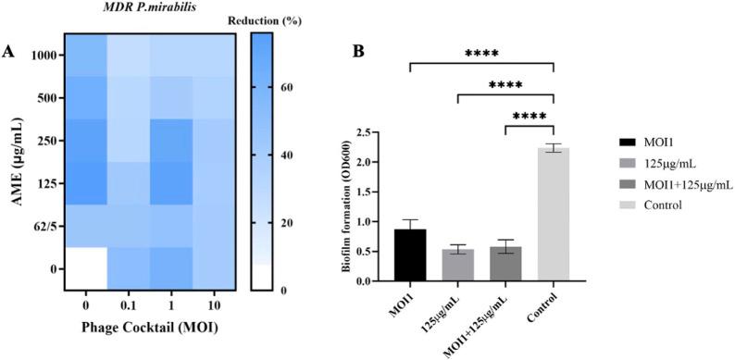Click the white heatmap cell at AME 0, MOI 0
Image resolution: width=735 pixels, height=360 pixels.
(86, 268)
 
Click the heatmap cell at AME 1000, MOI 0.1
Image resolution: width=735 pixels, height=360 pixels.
(129, 56)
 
